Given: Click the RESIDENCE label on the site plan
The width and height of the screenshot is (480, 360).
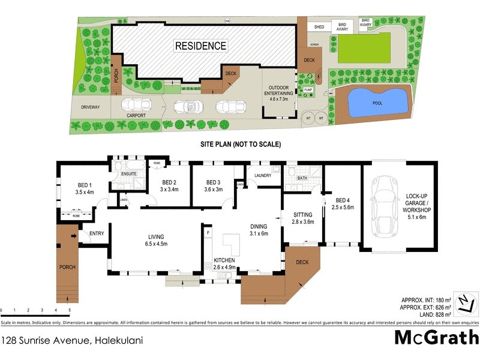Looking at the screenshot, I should (x=200, y=46).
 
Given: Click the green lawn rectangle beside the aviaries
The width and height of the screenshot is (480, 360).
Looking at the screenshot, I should (x=364, y=48).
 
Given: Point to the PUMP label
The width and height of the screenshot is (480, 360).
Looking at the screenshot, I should (x=308, y=89).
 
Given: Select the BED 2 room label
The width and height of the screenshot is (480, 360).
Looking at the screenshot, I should (x=169, y=186).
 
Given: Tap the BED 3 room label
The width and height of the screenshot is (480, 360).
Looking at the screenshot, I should (x=214, y=186).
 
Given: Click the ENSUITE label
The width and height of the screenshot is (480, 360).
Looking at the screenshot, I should (x=130, y=175).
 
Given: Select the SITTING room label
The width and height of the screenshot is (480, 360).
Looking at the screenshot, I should (x=303, y=218).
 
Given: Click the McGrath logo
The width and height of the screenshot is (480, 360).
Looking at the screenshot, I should (x=436, y=338).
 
